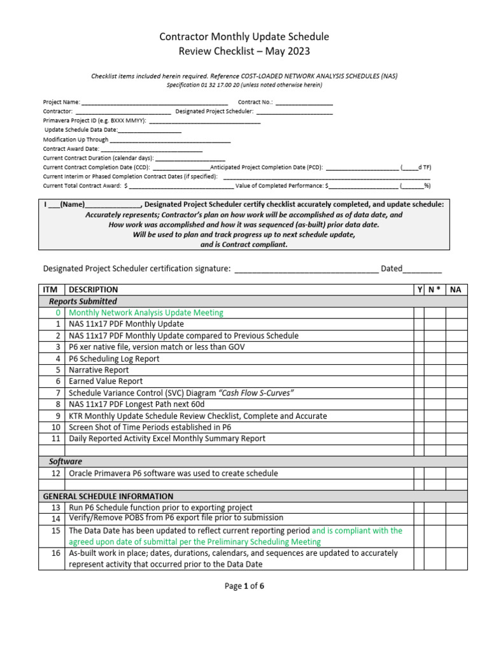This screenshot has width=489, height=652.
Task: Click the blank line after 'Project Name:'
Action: pos(155,102)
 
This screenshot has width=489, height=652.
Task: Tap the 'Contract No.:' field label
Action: pos(255,102)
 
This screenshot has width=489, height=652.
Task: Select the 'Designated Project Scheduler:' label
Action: pos(215,111)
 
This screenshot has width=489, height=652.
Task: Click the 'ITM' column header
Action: pos(50,290)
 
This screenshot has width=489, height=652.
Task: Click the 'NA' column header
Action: pos(455,290)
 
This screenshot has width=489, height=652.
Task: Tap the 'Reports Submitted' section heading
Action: pos(83,301)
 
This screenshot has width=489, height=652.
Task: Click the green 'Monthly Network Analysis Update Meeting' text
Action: pos(146,313)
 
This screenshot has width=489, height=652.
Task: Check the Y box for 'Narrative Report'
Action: pos(419,370)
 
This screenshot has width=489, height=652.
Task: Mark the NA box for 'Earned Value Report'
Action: pos(455,381)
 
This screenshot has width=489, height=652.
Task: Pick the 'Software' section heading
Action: pos(66,461)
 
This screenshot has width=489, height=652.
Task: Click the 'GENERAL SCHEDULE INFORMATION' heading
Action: pos(108,496)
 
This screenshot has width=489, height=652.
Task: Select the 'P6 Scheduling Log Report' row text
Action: pos(114,358)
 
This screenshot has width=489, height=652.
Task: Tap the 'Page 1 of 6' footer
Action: pos(244,586)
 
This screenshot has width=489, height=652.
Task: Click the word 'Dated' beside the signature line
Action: pos(392,269)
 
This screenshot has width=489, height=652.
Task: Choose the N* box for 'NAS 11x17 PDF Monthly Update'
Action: pos(434,324)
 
